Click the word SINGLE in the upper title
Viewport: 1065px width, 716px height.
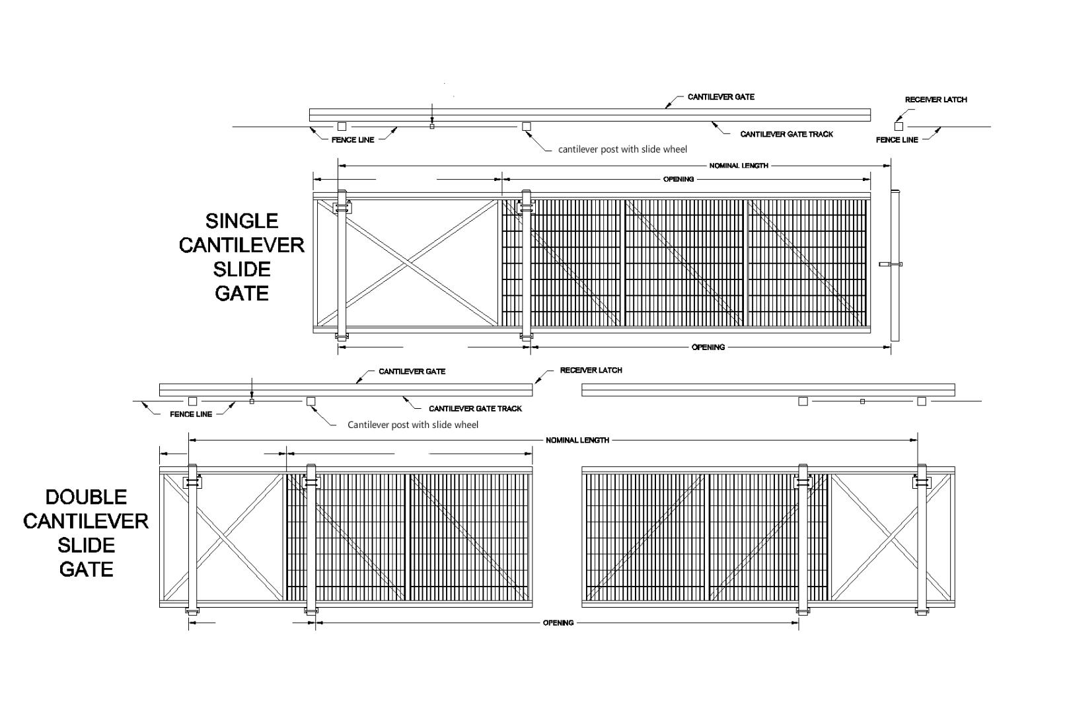tap(242, 221)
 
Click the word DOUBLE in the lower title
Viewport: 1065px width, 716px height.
tap(86, 497)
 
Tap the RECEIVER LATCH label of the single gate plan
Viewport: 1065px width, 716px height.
tap(936, 100)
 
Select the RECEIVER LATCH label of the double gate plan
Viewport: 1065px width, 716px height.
tap(591, 371)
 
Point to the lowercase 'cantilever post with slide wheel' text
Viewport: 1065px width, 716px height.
tap(622, 149)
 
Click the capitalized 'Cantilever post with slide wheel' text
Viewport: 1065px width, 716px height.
tap(413, 425)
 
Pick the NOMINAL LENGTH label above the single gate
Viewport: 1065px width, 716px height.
tap(739, 166)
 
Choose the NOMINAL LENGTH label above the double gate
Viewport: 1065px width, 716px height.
tap(577, 441)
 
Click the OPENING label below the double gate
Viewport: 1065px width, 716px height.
tap(558, 623)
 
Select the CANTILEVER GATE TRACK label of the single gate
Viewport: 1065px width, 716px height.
tap(786, 135)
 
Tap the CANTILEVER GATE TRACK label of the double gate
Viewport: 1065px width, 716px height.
tap(475, 409)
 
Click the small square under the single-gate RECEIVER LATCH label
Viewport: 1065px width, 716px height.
tap(899, 126)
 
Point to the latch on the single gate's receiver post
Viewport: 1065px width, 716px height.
tap(891, 264)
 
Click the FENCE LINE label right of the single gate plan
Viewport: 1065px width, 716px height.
tap(897, 140)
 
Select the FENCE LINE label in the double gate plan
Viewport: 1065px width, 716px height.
tap(191, 415)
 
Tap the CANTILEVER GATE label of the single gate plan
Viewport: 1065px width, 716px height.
tap(721, 97)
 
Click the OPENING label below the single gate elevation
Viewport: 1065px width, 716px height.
tap(708, 347)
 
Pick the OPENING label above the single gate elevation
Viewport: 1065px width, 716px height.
tap(679, 179)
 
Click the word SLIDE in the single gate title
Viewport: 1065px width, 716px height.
tap(242, 269)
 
